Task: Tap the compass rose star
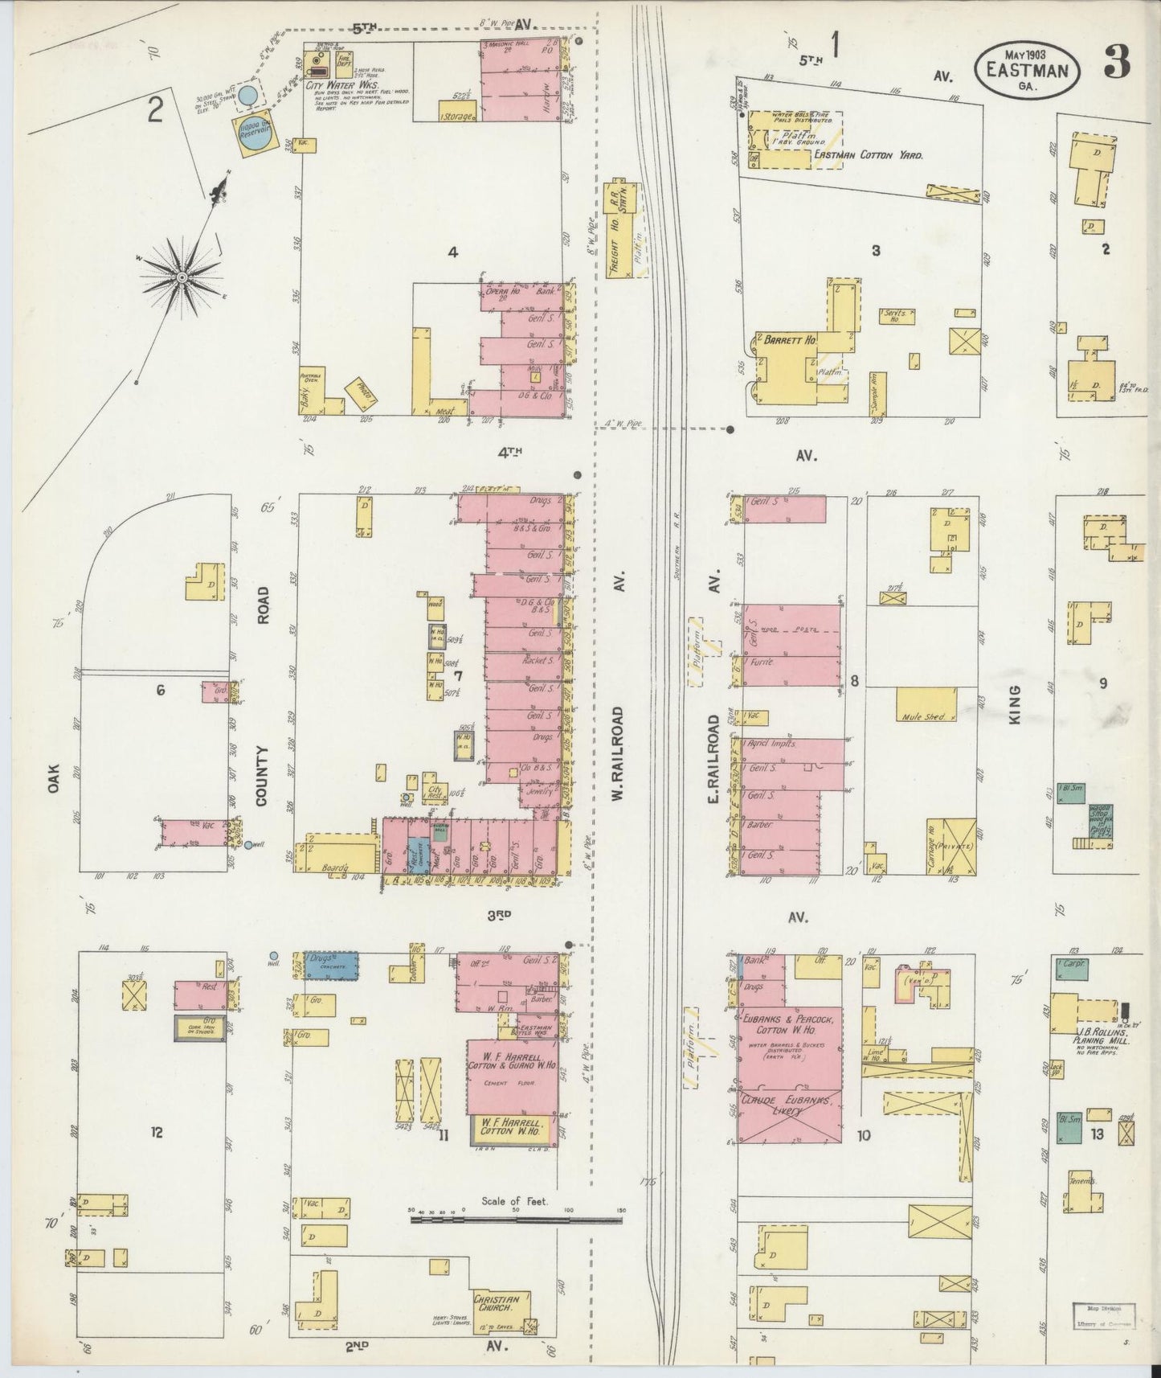pyautogui.click(x=182, y=277)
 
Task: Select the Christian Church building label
pyautogui.click(x=501, y=1302)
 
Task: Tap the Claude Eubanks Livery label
pyautogui.click(x=788, y=1105)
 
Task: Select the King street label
pyautogui.click(x=1014, y=704)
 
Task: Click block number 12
pyautogui.click(x=157, y=1132)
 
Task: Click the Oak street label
pyautogui.click(x=53, y=778)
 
